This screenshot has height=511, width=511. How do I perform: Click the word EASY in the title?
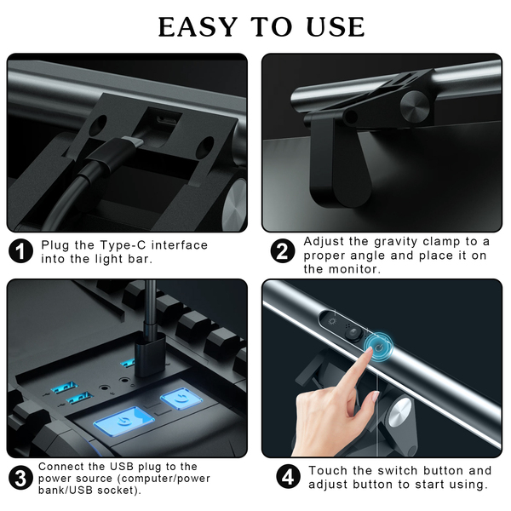pyautogui.click(x=198, y=26)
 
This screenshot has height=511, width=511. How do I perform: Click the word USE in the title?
pyautogui.click(x=336, y=26)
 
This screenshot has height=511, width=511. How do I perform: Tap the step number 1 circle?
pyautogui.click(x=20, y=251)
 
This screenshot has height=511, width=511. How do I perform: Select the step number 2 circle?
pyautogui.click(x=283, y=251)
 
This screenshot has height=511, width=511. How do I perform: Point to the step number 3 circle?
pyautogui.click(x=20, y=478)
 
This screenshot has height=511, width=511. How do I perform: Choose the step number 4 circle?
pyautogui.click(x=289, y=477)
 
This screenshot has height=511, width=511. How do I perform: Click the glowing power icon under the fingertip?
pyautogui.click(x=378, y=347)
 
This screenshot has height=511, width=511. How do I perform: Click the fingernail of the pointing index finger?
pyautogui.click(x=369, y=351)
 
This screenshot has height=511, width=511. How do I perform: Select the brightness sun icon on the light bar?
pyautogui.click(x=332, y=322)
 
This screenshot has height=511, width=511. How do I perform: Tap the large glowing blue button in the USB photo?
pyautogui.click(x=124, y=421)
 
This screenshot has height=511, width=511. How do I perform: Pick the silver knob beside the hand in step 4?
pyautogui.click(x=399, y=412)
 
